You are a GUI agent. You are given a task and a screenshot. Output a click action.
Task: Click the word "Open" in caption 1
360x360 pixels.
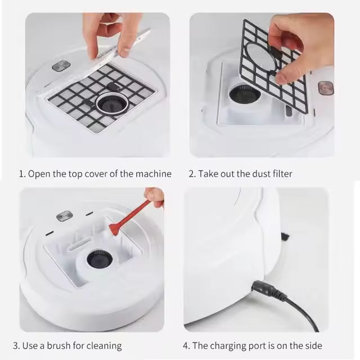click(38, 174)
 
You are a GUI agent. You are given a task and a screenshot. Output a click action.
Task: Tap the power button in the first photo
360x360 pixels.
click(60, 66)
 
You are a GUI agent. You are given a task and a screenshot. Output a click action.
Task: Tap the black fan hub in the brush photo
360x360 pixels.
click(99, 259)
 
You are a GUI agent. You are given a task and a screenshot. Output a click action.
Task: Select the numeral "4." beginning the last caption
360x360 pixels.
click(187, 345)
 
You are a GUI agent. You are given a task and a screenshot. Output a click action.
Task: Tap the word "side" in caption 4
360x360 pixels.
click(313, 345)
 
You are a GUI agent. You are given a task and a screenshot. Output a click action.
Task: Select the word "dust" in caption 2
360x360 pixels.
click(253, 174)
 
